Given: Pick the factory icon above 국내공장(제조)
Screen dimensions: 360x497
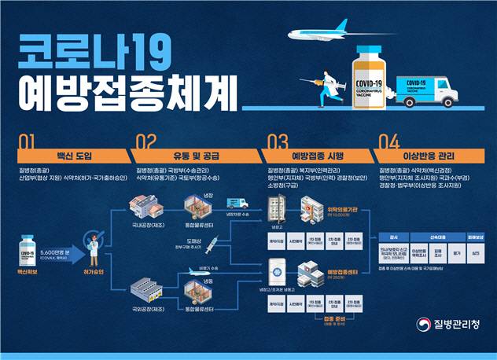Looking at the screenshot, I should pyautogui.click(x=145, y=209).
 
